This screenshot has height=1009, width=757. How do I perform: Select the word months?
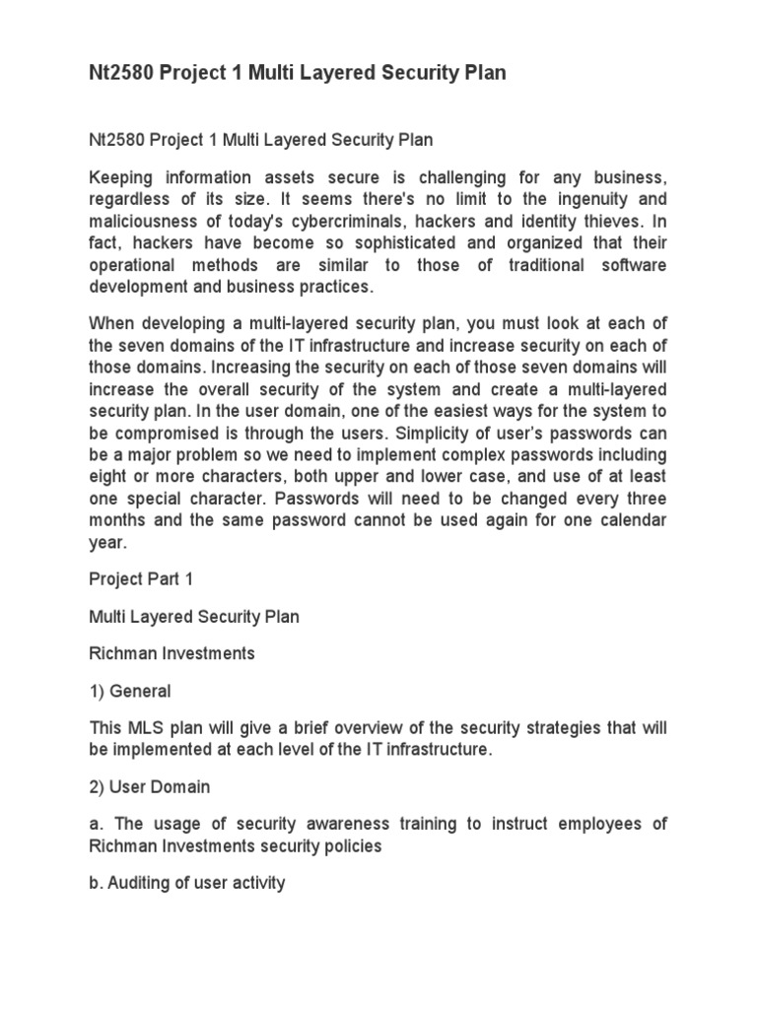click(121, 519)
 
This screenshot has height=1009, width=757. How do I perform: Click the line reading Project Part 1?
click(141, 579)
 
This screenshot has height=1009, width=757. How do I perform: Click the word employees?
click(605, 823)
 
